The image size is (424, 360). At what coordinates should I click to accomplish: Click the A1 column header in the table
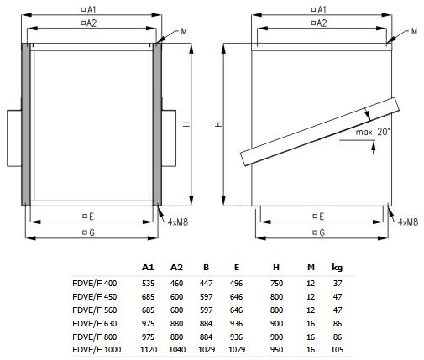pyautogui.click(x=148, y=268)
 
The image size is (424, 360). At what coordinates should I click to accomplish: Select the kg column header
pyautogui.click(x=338, y=268)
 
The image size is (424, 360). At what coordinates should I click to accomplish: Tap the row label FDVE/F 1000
pyautogui.click(x=97, y=350)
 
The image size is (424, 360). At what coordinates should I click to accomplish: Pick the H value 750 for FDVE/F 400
pyautogui.click(x=276, y=284)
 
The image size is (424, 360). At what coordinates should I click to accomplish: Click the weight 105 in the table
pyautogui.click(x=338, y=350)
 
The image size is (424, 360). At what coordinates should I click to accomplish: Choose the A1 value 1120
pyautogui.click(x=149, y=350)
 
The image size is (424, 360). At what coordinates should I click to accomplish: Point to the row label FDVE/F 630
pyautogui.click(x=94, y=324)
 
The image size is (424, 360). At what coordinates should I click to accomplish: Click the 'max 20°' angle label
pyautogui.click(x=373, y=132)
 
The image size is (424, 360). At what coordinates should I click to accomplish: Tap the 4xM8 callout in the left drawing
pyautogui.click(x=178, y=222)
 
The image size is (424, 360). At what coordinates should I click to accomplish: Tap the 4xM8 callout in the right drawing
pyautogui.click(x=408, y=222)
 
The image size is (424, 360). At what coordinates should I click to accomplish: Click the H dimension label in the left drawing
pyautogui.click(x=186, y=124)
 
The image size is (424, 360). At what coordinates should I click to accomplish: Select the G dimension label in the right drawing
pyautogui.click(x=319, y=232)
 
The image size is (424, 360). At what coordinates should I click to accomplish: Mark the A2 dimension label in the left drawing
pyautogui.click(x=89, y=23)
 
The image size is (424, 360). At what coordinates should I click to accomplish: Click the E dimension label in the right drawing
pyautogui.click(x=319, y=217)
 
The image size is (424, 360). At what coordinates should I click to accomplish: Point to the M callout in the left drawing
pyautogui.click(x=184, y=31)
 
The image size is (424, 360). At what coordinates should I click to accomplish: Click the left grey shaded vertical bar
pyautogui.click(x=26, y=124)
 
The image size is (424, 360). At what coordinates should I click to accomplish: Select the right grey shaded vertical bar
pyautogui.click(x=157, y=124)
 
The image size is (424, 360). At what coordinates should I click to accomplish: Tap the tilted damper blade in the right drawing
pyautogui.click(x=320, y=132)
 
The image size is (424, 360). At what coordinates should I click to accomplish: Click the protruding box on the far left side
pyautogui.click(x=14, y=138)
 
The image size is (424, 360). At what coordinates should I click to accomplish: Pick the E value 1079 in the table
pyautogui.click(x=237, y=350)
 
